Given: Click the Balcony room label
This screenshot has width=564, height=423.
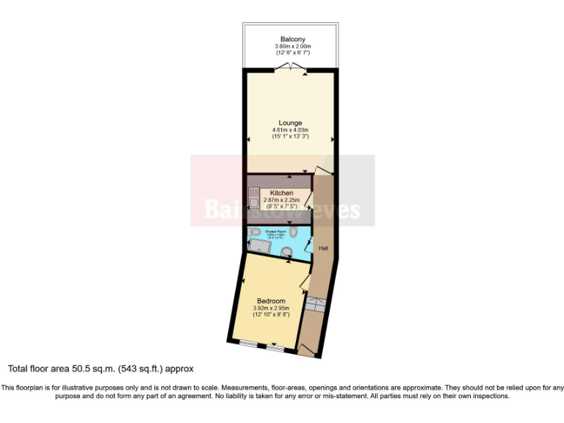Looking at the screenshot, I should tap(292, 39).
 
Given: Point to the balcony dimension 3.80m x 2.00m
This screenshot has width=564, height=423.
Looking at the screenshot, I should tap(292, 46).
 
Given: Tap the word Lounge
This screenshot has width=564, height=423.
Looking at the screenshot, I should tap(290, 123).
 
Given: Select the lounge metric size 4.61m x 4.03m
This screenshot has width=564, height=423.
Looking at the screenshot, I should tap(290, 130).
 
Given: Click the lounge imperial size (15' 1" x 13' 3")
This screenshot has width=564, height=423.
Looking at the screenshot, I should tap(290, 137).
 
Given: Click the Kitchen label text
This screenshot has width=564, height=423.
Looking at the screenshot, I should tap(281, 193).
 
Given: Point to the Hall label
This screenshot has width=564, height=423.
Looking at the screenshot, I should tap(323, 248).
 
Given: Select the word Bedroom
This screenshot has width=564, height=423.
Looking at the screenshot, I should tap(270, 301).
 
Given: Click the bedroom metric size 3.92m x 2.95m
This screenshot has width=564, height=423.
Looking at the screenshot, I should tap(270, 308).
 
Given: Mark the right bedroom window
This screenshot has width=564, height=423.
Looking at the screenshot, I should tap(276, 346).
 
